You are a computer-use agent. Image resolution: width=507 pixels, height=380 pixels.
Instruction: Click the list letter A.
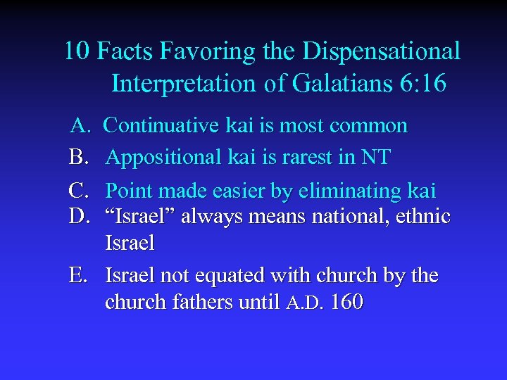point(79,126)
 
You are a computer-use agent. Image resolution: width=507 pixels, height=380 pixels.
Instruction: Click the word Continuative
point(158,126)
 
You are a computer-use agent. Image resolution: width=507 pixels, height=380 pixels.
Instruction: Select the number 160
point(346,303)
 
